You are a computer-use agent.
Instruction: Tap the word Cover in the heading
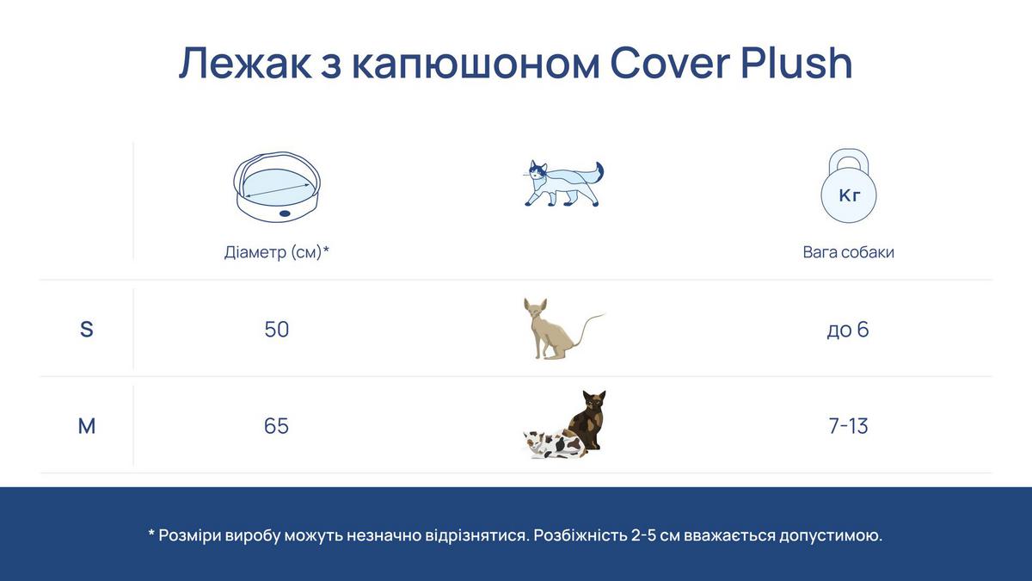coord(670,63)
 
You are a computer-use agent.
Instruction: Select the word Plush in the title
coord(796,63)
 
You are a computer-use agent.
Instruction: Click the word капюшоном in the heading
coord(476,63)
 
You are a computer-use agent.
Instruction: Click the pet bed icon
coord(277,186)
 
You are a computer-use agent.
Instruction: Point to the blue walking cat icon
coord(563,183)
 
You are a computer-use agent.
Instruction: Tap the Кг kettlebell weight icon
coord(849,186)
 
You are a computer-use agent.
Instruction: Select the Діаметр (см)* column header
coord(277,252)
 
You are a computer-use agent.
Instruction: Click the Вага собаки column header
coord(848,252)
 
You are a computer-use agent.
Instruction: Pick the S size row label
coord(87,329)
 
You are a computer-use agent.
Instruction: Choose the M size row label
coord(87,426)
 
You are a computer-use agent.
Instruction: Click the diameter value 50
coord(276,329)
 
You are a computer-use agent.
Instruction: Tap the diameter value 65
coord(276,426)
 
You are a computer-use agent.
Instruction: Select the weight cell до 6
coord(848,330)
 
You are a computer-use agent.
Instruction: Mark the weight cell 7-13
coord(848,426)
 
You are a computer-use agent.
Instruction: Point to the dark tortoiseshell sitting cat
coord(586,421)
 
